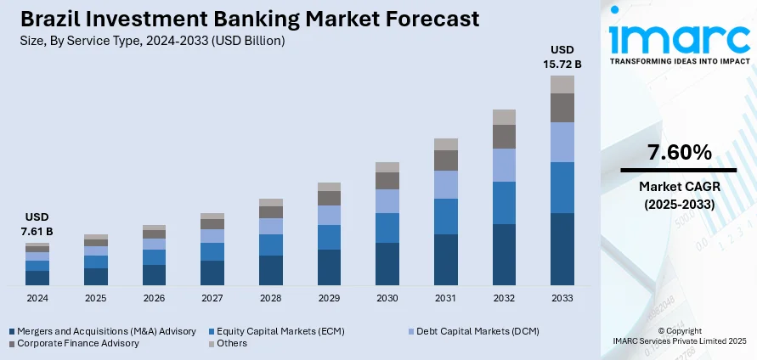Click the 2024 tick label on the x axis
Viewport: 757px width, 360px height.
[x=37, y=298]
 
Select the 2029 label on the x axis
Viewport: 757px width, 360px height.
[x=329, y=298]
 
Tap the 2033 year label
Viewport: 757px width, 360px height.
[x=562, y=298]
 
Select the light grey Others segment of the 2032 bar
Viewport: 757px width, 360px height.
[x=504, y=117]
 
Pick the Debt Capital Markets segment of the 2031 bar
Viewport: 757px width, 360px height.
[x=446, y=184]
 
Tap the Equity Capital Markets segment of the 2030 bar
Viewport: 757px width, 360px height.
[x=387, y=228]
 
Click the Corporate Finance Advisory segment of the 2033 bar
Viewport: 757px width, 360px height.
[x=562, y=108]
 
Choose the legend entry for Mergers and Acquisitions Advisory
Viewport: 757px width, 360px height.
[x=102, y=330]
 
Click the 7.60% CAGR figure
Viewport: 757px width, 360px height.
[x=679, y=153]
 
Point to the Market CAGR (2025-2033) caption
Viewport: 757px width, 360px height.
[x=679, y=196]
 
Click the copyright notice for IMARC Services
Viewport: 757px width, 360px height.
[x=679, y=335]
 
